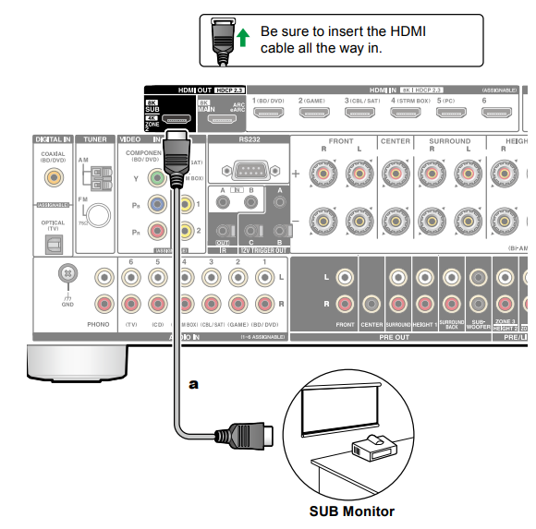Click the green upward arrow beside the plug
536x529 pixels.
pos(243,39)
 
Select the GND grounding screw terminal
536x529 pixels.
pos(66,274)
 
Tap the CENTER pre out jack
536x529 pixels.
pos(372,302)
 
